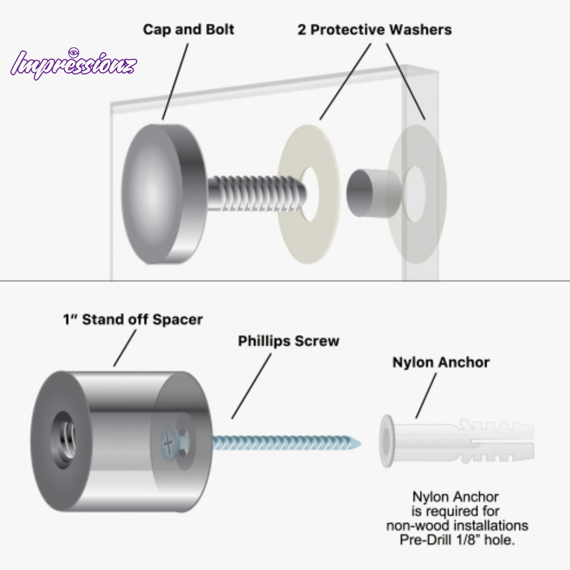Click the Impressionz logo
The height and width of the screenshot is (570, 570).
(74, 64)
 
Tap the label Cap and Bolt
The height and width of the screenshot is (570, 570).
(188, 30)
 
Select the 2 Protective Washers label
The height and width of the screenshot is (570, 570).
(374, 30)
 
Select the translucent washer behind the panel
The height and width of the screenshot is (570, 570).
(417, 194)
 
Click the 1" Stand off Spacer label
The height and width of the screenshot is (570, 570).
(132, 319)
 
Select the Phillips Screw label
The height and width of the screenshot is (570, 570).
(289, 341)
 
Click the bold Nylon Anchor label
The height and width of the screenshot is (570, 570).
(441, 363)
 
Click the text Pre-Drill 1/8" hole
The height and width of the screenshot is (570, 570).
(457, 540)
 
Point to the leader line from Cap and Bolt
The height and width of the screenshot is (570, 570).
(175, 81)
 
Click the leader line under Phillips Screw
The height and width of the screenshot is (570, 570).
(251, 386)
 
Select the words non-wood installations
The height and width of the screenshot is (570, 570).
(457, 526)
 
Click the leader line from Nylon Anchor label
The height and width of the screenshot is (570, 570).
(426, 396)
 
